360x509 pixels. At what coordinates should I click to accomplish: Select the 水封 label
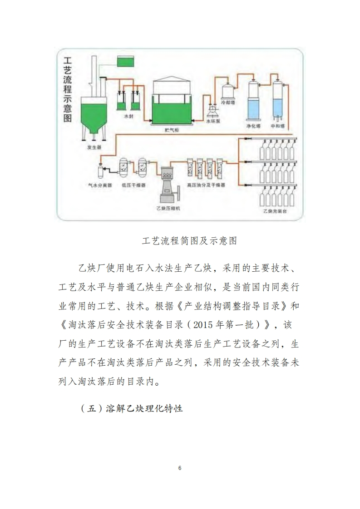[x=128, y=117]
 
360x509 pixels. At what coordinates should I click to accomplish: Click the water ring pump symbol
[x=212, y=110]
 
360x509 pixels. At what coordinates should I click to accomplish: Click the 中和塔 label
[x=277, y=125]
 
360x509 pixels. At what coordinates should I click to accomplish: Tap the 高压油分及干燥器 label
[x=206, y=185]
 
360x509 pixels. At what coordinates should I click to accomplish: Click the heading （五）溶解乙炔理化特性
[x=131, y=408]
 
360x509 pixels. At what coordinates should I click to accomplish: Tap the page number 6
[x=180, y=468]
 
